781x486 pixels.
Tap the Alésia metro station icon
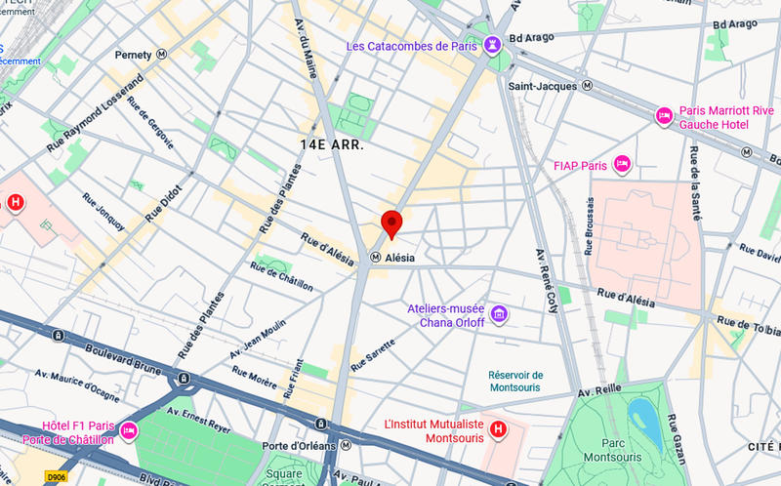[375, 258]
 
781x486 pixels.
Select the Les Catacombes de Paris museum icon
[493, 45]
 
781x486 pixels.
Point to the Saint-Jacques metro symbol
[587, 86]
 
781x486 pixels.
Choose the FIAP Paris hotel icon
[622, 165]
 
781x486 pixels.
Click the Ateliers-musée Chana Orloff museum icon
[499, 313]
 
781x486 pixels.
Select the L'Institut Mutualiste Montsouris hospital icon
[499, 429]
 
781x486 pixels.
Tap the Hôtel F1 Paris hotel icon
[128, 430]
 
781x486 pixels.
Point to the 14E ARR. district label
[332, 144]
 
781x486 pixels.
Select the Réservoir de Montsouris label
[515, 382]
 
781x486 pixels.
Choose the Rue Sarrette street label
[373, 353]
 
